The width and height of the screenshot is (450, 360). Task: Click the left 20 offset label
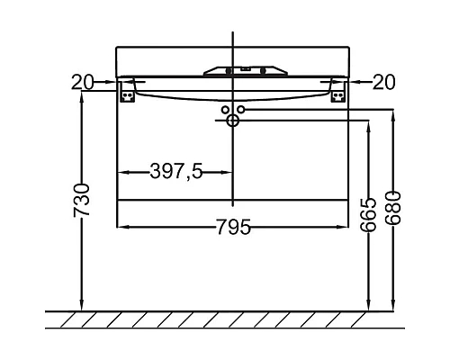(x=84, y=82)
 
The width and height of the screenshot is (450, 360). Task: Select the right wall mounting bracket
(x=337, y=92)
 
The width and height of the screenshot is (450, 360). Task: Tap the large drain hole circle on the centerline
(x=232, y=120)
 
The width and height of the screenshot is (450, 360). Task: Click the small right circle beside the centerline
(x=241, y=110)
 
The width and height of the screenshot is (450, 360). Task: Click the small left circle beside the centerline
(x=223, y=110)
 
